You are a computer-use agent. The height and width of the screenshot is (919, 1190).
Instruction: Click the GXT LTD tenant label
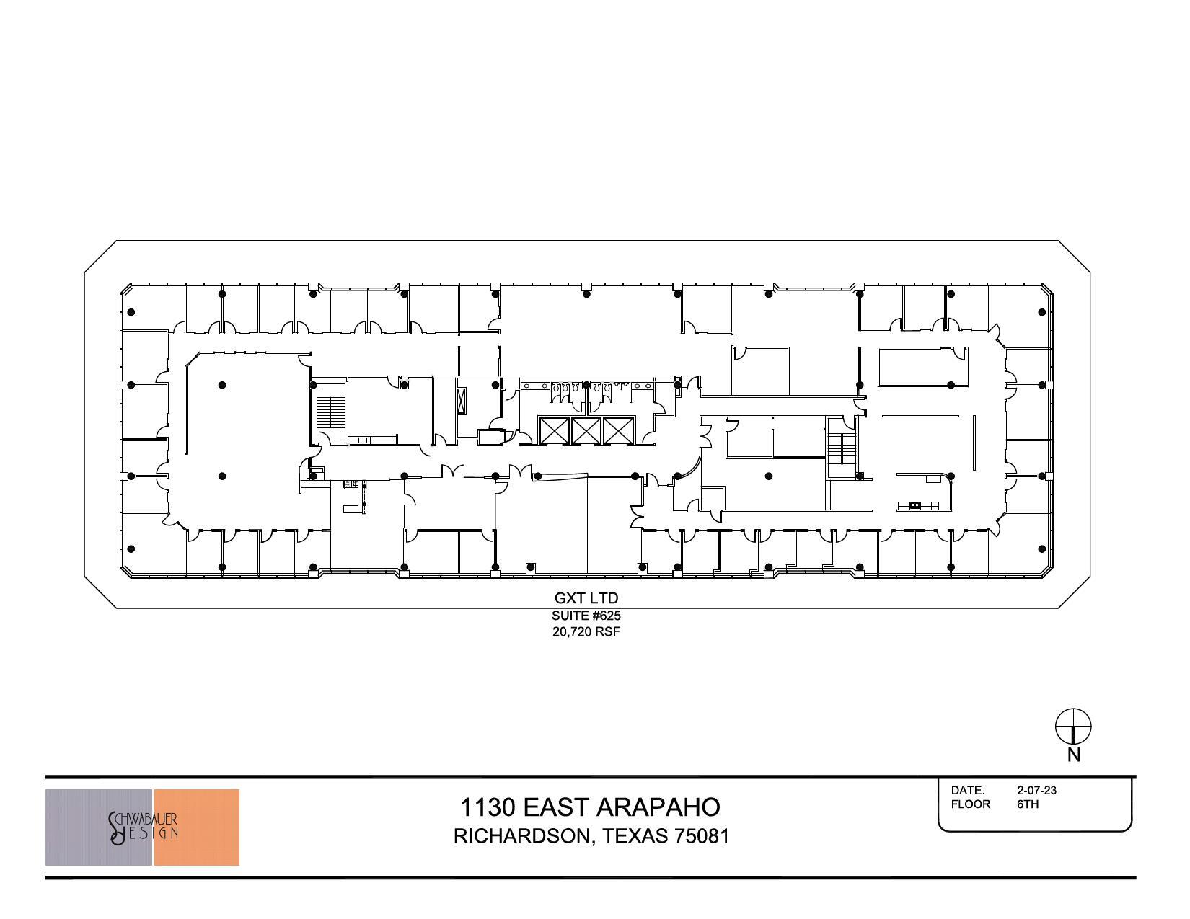[586, 598]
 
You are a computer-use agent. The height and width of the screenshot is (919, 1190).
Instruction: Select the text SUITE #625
[586, 616]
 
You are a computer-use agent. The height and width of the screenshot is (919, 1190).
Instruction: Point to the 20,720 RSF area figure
[586, 632]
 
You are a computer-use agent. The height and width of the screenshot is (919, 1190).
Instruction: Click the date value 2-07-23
[1036, 791]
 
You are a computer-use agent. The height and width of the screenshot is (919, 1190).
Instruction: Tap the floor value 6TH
[1028, 804]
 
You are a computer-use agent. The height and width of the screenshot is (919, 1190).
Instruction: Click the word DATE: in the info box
[967, 791]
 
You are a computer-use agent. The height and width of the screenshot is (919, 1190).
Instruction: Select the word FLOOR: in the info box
[971, 804]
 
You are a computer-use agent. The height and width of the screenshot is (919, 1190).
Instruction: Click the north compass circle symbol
[1073, 726]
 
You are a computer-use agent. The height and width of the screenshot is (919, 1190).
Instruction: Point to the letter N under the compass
[1074, 755]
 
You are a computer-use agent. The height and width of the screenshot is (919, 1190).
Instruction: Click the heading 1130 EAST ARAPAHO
[590, 807]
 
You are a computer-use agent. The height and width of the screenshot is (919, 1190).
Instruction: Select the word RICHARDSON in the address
[521, 836]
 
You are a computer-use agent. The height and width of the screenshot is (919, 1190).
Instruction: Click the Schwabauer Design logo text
[144, 828]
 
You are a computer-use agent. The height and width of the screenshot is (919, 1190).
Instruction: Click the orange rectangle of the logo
[197, 827]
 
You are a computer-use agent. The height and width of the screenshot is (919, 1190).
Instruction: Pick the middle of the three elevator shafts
[586, 431]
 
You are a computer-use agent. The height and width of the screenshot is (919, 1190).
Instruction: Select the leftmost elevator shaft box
[554, 431]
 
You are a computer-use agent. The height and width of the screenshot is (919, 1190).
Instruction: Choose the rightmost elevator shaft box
[617, 431]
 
